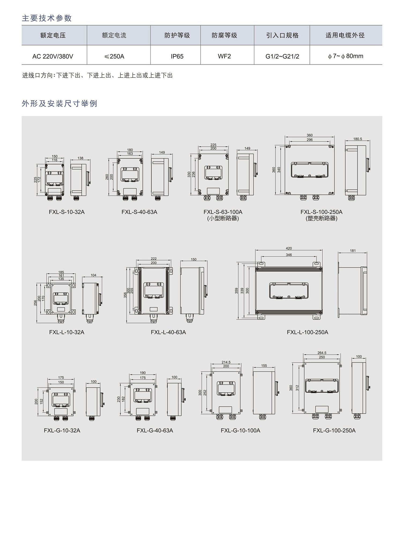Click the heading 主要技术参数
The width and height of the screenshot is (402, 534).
tap(47, 18)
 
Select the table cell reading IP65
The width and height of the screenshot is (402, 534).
tap(177, 56)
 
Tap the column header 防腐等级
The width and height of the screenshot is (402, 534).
tap(224, 35)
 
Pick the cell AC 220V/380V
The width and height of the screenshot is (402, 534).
tap(53, 56)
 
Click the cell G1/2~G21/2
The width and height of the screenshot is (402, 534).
tap(282, 56)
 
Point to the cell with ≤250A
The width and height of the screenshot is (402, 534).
tap(114, 56)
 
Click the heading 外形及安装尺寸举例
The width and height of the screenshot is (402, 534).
tap(59, 103)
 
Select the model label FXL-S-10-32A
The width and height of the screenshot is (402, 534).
tap(67, 212)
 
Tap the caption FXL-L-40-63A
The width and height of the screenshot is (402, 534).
tap(168, 332)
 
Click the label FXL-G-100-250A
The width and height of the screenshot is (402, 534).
tap(334, 430)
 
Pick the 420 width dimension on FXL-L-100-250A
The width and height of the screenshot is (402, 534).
tap(289, 248)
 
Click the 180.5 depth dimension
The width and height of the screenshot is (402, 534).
tap(358, 139)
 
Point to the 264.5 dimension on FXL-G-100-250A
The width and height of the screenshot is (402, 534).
tap(322, 353)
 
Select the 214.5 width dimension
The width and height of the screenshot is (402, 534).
tap(226, 362)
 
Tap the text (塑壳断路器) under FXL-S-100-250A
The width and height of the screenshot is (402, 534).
tap(322, 219)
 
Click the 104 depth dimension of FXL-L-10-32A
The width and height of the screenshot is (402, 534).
tap(93, 275)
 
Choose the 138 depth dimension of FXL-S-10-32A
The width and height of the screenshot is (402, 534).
tap(80, 158)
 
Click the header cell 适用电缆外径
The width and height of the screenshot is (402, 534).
tap(345, 35)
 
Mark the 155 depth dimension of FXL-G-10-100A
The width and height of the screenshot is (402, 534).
tap(264, 365)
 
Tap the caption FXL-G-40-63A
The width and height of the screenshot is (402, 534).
tap(155, 430)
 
